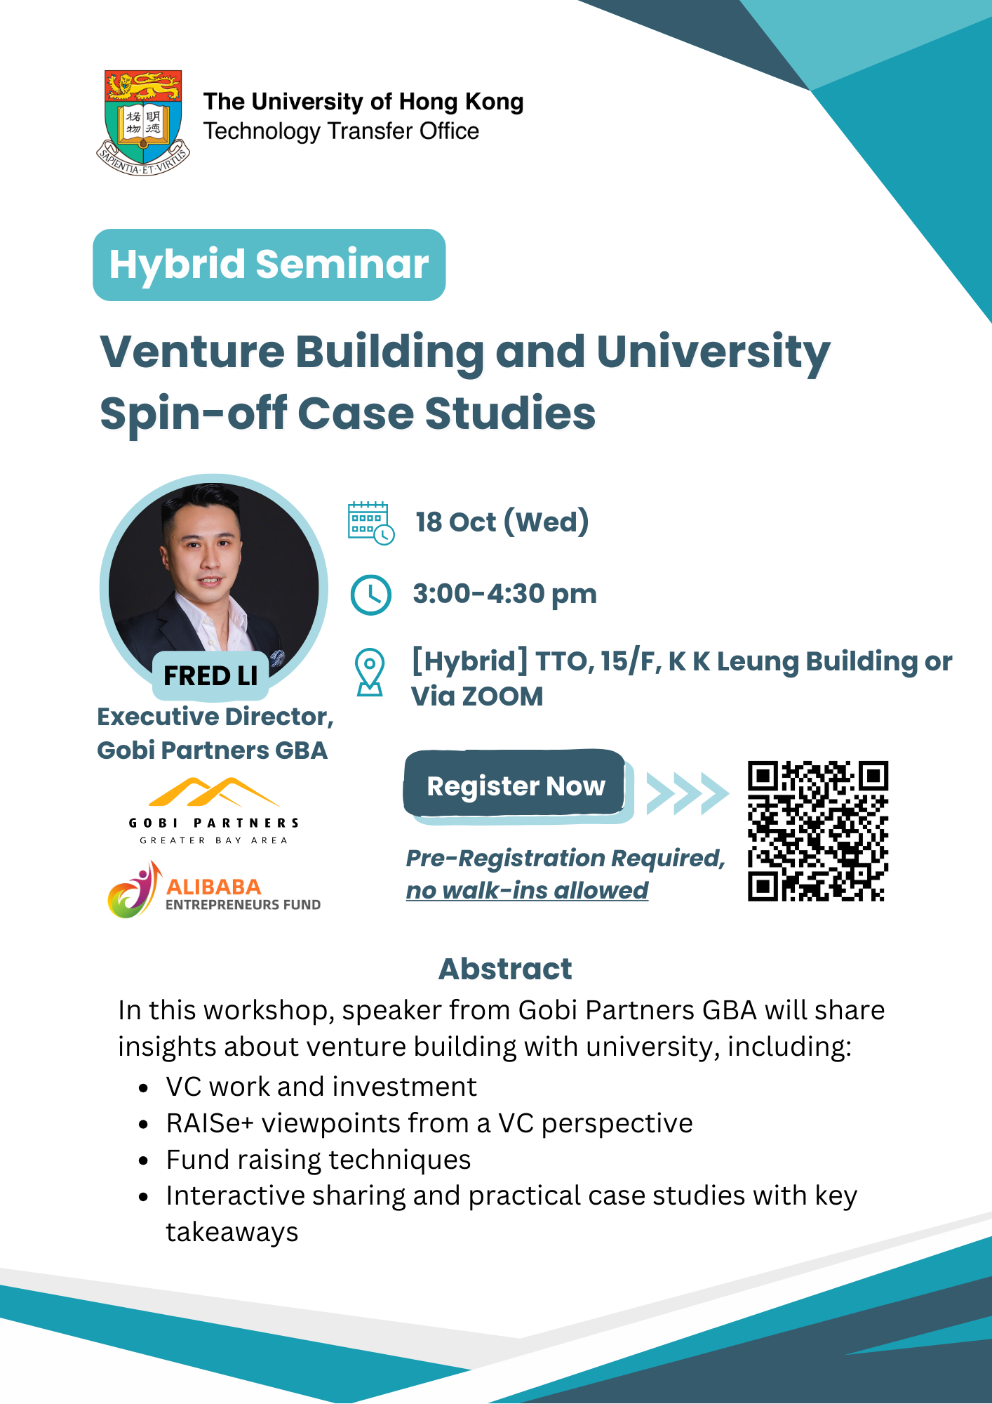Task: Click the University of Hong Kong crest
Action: (x=143, y=122)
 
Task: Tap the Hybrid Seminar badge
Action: (x=269, y=265)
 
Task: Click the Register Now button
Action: (x=516, y=785)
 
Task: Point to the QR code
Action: (x=818, y=831)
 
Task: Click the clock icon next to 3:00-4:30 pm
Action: (x=370, y=595)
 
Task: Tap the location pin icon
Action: (x=370, y=672)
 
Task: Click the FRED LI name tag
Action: (x=210, y=675)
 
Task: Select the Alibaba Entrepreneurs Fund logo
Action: (x=214, y=889)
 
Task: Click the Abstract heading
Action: (x=505, y=969)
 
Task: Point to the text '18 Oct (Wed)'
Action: (x=502, y=522)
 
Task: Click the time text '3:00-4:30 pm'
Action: (x=505, y=594)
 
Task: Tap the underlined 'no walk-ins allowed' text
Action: (x=527, y=890)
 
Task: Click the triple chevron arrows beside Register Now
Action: (x=688, y=793)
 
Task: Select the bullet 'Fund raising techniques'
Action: (x=319, y=1160)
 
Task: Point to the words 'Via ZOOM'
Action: (x=477, y=696)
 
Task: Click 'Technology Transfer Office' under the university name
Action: (x=342, y=131)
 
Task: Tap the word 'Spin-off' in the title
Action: (x=194, y=413)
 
